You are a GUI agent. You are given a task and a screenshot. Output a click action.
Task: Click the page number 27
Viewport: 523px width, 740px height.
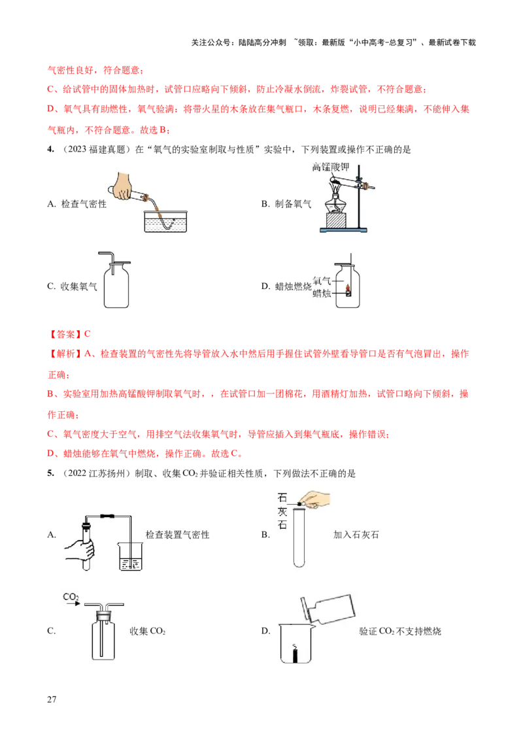[52, 699]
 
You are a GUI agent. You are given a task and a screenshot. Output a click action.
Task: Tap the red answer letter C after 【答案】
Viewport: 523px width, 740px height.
[88, 334]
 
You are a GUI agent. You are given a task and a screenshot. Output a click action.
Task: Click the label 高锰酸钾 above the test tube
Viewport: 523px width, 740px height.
[331, 167]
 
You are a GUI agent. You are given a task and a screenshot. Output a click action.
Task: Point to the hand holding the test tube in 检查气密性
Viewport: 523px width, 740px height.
[124, 186]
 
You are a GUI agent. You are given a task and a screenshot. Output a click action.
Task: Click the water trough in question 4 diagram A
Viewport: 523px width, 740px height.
[165, 221]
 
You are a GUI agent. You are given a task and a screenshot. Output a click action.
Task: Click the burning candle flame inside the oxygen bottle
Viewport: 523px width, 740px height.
[347, 287]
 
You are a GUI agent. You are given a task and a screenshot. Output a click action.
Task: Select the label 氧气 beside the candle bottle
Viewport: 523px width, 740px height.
[322, 281]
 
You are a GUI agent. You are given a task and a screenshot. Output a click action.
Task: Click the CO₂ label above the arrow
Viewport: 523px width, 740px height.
[71, 597]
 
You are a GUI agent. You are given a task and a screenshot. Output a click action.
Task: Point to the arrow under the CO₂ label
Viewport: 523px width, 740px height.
[74, 603]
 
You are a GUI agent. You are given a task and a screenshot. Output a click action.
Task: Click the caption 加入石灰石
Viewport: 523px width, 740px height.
[356, 535]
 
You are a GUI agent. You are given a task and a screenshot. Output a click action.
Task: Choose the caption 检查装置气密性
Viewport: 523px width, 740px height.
[177, 535]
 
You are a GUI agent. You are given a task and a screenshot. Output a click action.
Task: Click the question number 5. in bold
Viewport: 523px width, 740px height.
[50, 473]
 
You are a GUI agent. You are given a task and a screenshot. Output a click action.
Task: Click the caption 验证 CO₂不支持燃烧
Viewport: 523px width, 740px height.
[400, 631]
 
